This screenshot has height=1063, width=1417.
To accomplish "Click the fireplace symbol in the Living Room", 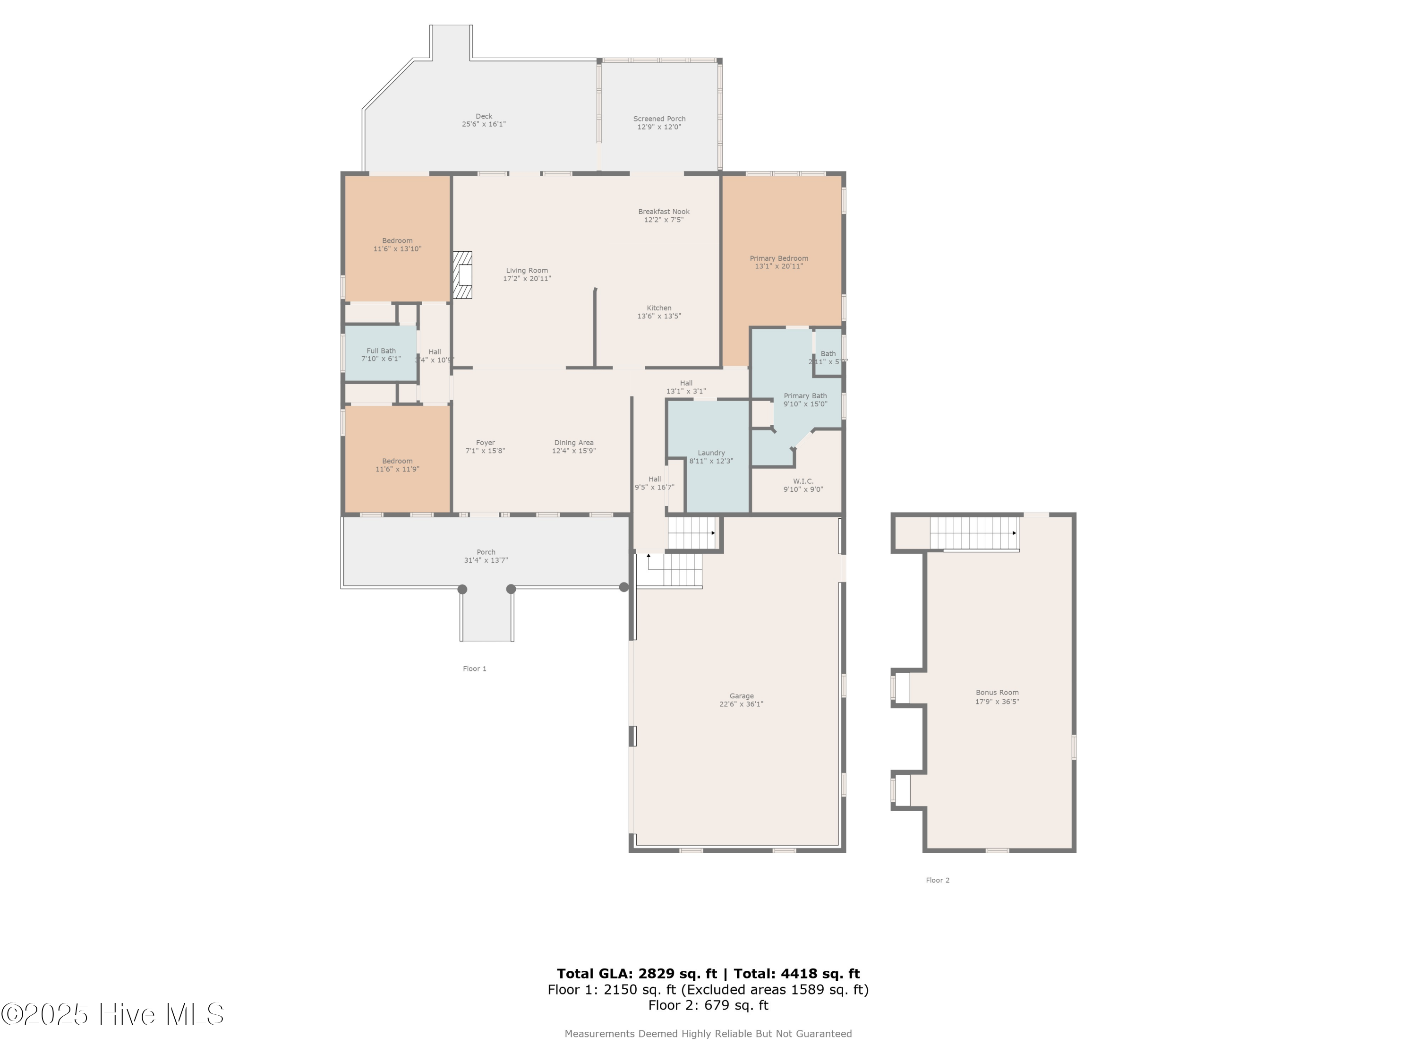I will coord(462,275).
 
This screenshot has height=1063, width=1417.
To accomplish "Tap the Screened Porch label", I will coord(659,119).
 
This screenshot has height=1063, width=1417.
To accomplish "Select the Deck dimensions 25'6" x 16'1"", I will coord(484,124).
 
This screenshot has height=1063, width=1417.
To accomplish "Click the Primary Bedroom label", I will coord(779,258).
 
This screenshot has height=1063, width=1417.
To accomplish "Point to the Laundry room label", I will coord(711,453).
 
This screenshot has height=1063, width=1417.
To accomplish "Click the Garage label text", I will coord(741,696).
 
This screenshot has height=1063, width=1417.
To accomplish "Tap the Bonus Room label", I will coord(997,692).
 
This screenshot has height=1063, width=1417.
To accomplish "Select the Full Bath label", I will coord(381,351).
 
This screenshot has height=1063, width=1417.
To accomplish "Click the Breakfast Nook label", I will coord(664,212).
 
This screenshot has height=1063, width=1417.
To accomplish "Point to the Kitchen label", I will coord(658,308).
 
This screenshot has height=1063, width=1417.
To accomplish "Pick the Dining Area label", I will coord(573,443).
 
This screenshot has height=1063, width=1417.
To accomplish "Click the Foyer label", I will coord(485,443).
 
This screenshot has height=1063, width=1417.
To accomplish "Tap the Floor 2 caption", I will coord(937,880).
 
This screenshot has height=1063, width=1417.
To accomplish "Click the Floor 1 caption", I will coord(475,669).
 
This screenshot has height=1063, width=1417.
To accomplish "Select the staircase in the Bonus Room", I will coord(973,533).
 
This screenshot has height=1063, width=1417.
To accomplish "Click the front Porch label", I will coord(486,552).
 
